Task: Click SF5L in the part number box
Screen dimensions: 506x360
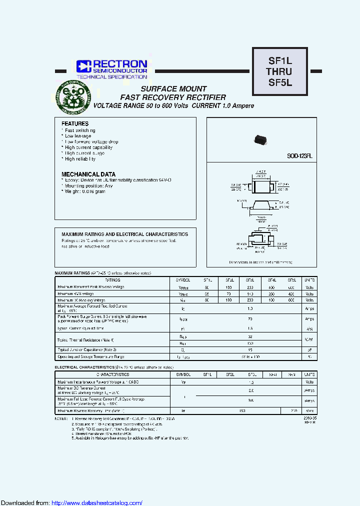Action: pos(279,83)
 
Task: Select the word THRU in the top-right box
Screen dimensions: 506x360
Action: pos(279,72)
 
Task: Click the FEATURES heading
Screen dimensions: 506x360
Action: pos(75,123)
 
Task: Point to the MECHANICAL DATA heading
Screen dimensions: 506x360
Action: pos(88,173)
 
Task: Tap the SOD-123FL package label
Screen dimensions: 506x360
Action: pos(299,156)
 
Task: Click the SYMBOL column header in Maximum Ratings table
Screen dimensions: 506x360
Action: pos(183,280)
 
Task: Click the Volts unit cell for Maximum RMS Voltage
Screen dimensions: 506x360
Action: pos(309,293)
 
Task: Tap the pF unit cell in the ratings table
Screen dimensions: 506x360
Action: pos(309,350)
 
